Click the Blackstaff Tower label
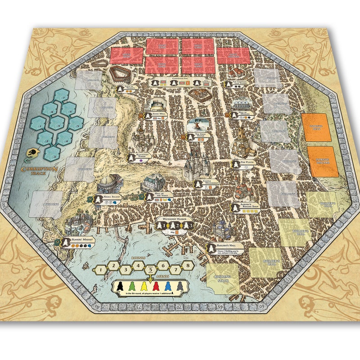click(135, 156)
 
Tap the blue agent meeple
click(167, 286)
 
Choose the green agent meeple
click(132, 286)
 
